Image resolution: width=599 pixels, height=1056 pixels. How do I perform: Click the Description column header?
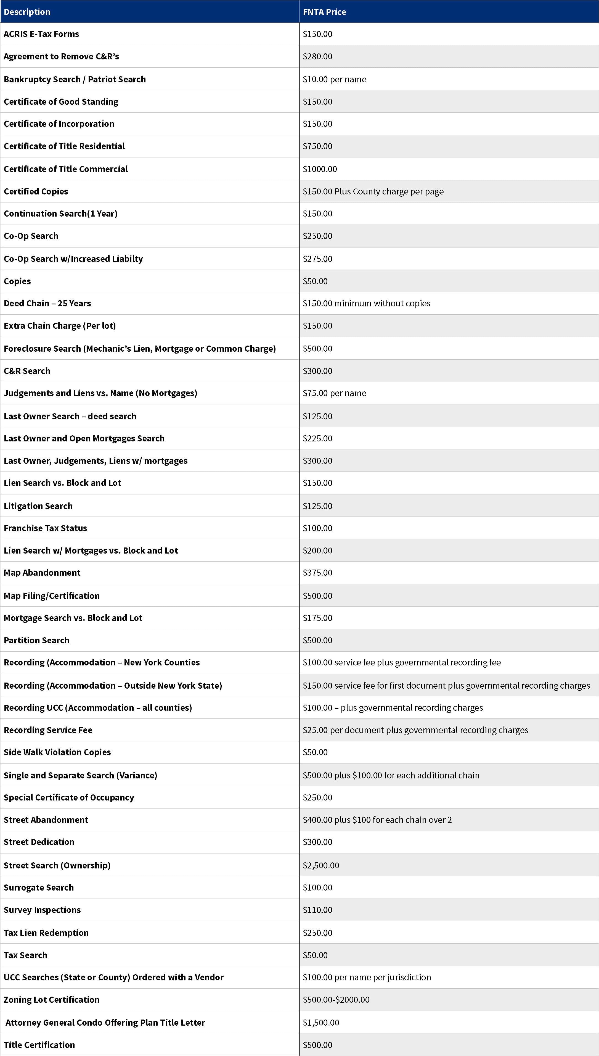27,12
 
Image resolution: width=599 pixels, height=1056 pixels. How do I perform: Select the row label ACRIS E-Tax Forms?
41,34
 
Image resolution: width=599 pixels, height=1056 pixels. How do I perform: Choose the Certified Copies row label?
36,191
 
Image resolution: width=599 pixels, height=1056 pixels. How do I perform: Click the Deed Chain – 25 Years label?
47,303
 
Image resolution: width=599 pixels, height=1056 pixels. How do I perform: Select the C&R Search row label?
27,371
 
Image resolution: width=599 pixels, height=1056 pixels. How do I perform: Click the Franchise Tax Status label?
45,528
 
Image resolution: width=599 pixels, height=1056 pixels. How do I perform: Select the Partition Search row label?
37,640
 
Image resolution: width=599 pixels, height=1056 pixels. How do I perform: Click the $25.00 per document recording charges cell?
415,730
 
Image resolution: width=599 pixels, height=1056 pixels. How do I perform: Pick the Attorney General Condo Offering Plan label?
105,1022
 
